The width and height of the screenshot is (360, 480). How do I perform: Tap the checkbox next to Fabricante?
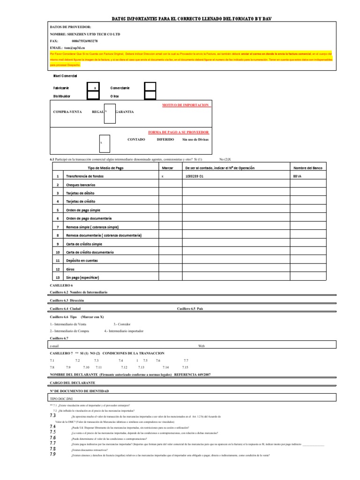coord(94,87)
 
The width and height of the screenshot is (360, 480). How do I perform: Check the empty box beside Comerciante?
coord(150,87)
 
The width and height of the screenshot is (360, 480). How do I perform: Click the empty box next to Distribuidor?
coord(94,96)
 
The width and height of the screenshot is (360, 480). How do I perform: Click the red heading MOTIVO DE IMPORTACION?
coord(186,105)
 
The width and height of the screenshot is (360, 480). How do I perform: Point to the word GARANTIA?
coord(124,112)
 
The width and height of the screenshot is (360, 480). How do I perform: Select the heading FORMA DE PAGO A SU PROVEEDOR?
coord(179,132)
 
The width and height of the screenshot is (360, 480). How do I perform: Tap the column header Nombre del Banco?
coord(307,168)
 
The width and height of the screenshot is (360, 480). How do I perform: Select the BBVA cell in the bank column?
coord(297,176)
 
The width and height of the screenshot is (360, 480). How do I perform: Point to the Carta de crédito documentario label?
coord(90,252)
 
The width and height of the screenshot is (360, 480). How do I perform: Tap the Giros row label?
coord(71,269)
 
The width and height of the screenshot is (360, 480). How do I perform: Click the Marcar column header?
coord(167,168)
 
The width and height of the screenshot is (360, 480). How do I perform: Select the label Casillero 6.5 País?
coord(190,309)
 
